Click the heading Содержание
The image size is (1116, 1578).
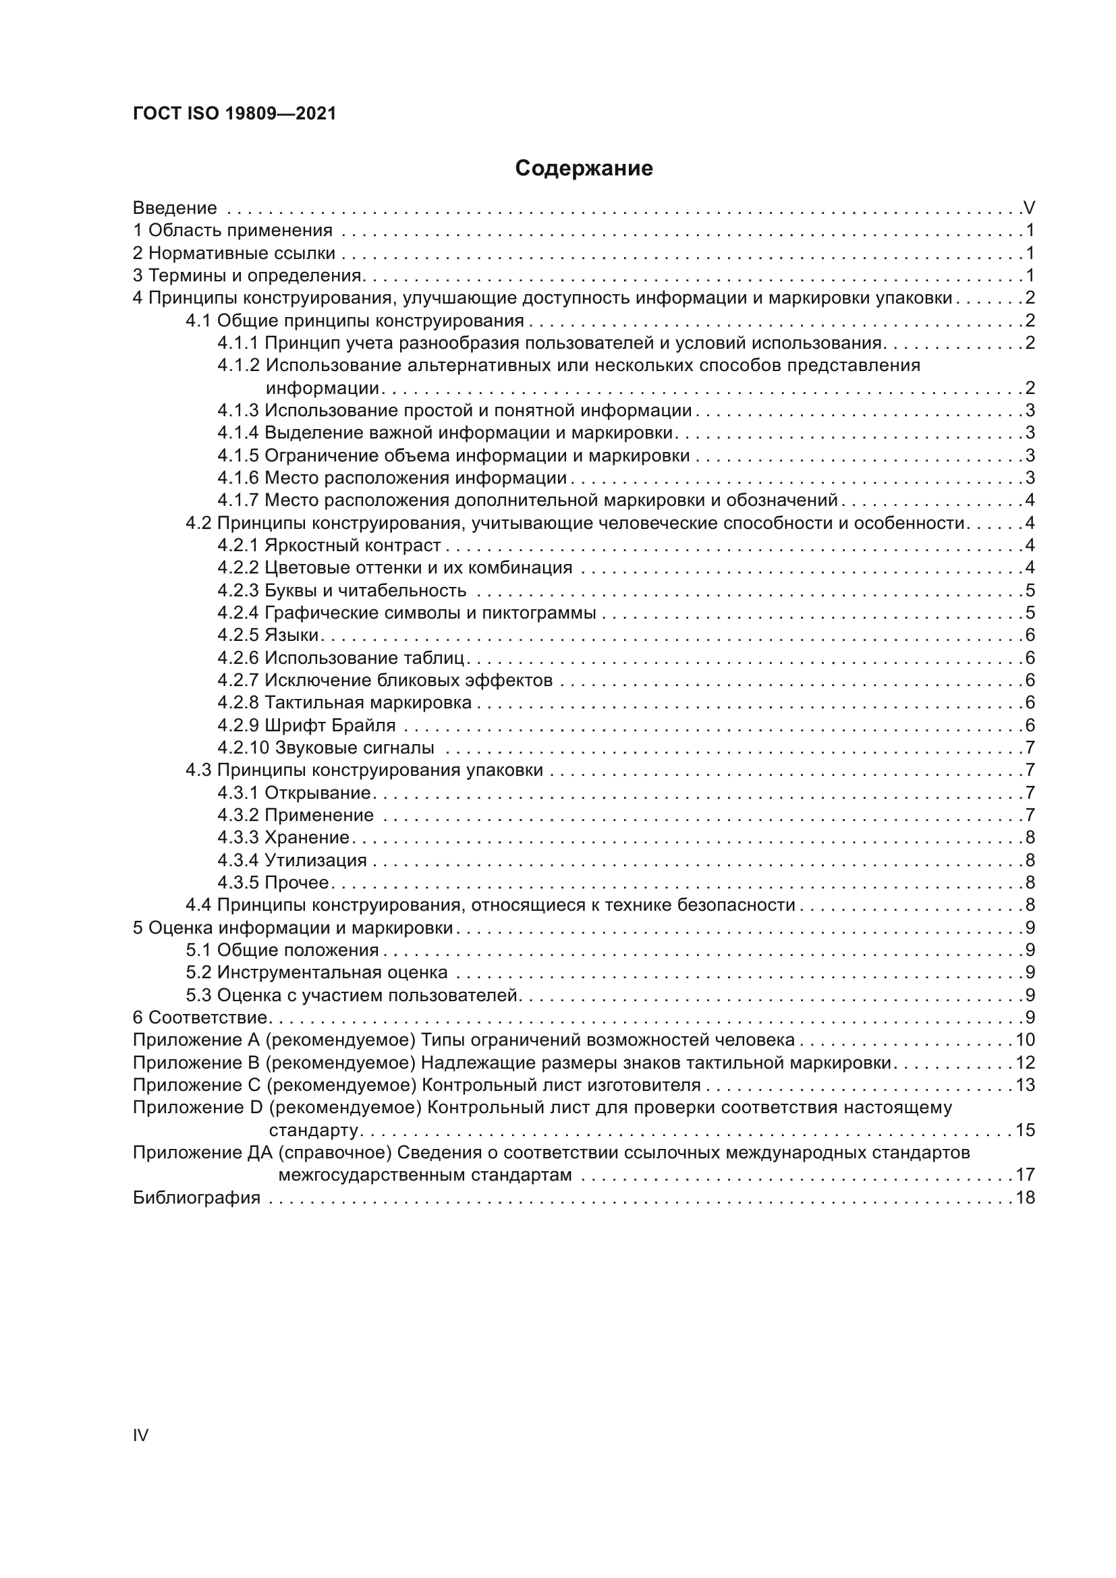pyautogui.click(x=584, y=169)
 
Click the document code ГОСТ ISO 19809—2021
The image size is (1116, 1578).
pyautogui.click(x=234, y=114)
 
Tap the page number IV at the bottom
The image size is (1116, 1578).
pyautogui.click(x=140, y=1435)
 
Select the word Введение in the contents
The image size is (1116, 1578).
pyautogui.click(x=175, y=208)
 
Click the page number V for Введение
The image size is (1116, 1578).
pyautogui.click(x=1029, y=208)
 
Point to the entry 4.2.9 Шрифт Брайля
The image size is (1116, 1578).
pyautogui.click(x=306, y=725)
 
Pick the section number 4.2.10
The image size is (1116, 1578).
pyautogui.click(x=244, y=748)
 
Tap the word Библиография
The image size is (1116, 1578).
pyautogui.click(x=196, y=1198)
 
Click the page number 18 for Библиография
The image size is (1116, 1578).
pyautogui.click(x=1025, y=1198)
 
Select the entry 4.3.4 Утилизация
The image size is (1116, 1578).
pyautogui.click(x=292, y=860)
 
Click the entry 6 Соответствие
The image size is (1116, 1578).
pyautogui.click(x=200, y=1017)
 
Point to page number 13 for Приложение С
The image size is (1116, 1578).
pyautogui.click(x=1025, y=1086)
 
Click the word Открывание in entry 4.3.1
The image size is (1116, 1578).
pyautogui.click(x=318, y=793)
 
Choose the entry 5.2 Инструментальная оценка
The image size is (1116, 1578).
pyautogui.click(x=316, y=973)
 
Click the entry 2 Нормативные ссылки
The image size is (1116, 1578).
pyautogui.click(x=233, y=253)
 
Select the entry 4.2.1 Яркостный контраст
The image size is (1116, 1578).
pyautogui.click(x=329, y=545)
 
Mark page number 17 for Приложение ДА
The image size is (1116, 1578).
pyautogui.click(x=1025, y=1175)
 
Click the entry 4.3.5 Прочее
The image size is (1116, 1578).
pyautogui.click(x=273, y=882)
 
